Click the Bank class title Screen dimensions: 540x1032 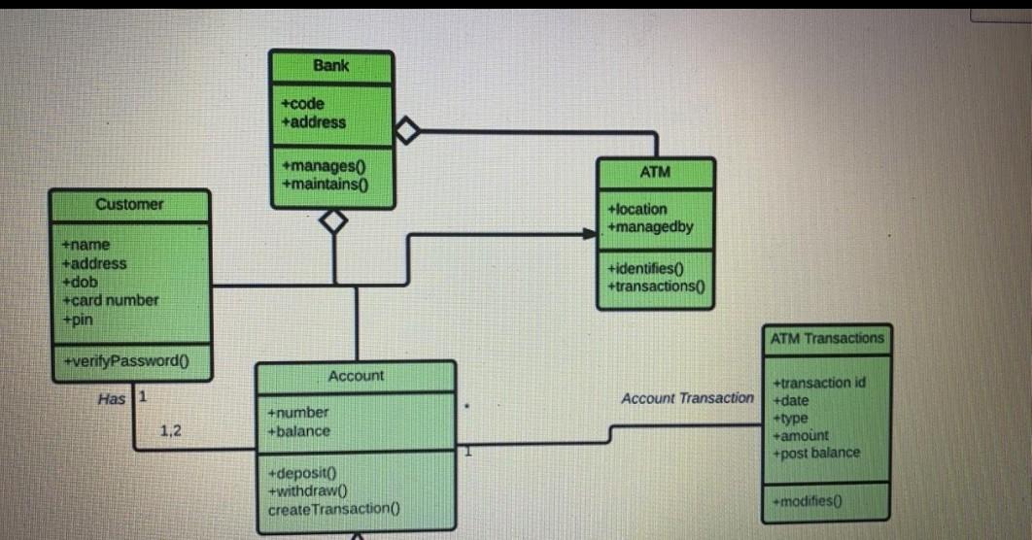click(331, 66)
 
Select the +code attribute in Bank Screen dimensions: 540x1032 click(302, 104)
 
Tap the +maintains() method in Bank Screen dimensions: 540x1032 click(315, 185)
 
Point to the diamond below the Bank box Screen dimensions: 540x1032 click(334, 221)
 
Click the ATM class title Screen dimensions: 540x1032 click(655, 172)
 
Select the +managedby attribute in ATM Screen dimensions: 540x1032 click(650, 227)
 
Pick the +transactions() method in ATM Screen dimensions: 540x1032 click(655, 286)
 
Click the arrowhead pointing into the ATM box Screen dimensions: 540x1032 click(589, 233)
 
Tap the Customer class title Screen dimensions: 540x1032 click(129, 204)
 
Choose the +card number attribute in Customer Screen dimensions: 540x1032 click(110, 300)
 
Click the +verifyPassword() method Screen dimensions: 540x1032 click(125, 360)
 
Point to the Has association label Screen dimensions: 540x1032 click(112, 398)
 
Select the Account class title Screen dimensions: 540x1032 click(356, 376)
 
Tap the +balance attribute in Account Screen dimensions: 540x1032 click(299, 431)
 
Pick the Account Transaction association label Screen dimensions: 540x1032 click(687, 398)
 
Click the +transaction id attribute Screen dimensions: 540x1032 click(818, 383)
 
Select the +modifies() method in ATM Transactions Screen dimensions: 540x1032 click(808, 501)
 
